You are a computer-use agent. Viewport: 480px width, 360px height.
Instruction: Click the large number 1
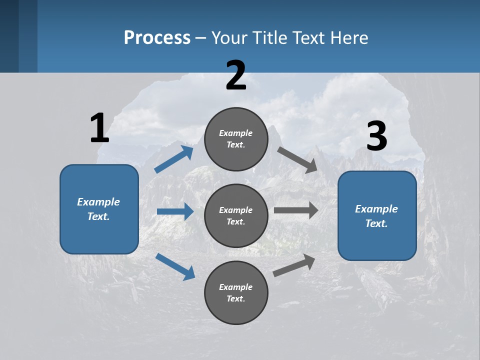[99, 128]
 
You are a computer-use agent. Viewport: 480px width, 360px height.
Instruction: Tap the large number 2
[236, 75]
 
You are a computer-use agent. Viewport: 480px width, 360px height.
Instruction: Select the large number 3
[377, 136]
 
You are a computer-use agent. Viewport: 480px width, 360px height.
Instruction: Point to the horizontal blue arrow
[175, 211]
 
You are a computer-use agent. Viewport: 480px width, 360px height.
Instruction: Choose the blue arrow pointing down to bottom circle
[175, 266]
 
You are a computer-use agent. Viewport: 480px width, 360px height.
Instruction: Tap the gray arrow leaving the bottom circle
[294, 265]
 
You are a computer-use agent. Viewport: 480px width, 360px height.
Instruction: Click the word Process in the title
[157, 37]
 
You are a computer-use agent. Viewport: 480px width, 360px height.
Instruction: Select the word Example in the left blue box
[98, 202]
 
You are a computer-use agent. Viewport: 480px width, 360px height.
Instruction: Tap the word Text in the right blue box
[375, 223]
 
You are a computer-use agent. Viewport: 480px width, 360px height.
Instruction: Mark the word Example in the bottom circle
[235, 287]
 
